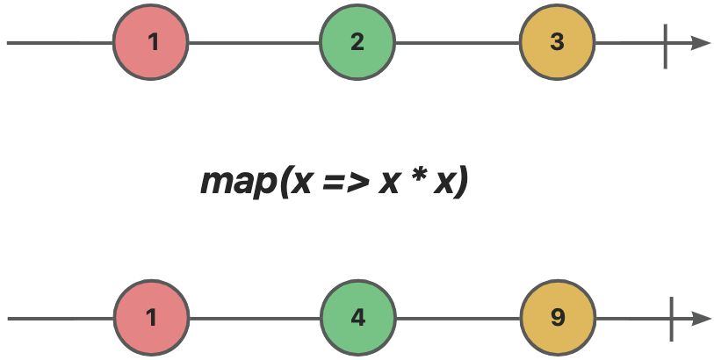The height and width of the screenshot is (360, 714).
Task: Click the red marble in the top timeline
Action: (151, 43)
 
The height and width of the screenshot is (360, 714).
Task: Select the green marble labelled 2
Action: (357, 43)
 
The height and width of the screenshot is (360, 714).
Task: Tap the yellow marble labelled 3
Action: (558, 43)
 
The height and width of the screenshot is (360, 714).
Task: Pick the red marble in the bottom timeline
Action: (151, 318)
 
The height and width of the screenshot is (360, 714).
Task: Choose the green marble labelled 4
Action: (358, 318)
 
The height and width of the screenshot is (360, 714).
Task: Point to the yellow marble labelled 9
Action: (559, 318)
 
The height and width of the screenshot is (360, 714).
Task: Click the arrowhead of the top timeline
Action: (701, 43)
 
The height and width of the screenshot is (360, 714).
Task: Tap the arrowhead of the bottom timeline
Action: (702, 319)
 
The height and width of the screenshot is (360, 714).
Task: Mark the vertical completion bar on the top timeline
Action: (666, 47)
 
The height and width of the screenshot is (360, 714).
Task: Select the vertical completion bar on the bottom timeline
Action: (671, 319)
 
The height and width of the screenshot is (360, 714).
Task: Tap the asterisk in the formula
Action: (415, 176)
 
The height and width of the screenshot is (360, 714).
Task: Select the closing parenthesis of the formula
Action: (460, 182)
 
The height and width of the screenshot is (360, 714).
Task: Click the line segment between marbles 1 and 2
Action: (254, 43)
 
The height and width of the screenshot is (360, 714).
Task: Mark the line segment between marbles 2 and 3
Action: (458, 43)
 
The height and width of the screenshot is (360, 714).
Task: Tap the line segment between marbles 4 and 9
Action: (458, 319)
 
